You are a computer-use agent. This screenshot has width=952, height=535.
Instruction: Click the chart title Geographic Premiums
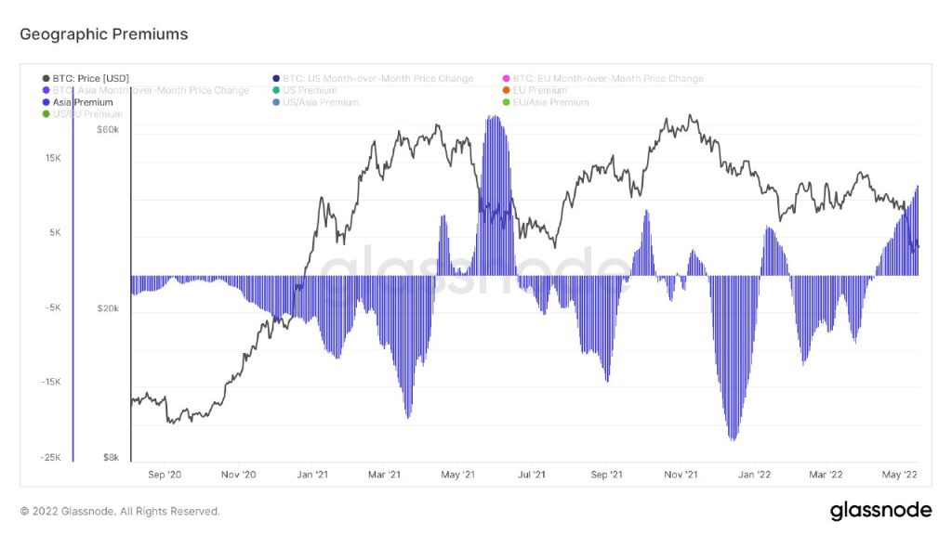(104, 34)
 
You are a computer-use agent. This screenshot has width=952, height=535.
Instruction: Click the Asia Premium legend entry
(83, 102)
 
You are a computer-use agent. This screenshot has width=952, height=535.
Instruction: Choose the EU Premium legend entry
(539, 91)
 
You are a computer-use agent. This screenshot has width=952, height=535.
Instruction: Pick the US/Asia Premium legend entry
(320, 102)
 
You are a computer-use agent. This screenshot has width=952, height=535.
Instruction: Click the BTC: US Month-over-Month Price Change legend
(377, 79)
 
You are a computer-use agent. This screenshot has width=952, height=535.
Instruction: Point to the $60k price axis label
(107, 129)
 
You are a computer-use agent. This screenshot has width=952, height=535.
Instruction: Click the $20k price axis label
(107, 308)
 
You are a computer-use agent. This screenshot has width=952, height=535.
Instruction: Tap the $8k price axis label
(110, 457)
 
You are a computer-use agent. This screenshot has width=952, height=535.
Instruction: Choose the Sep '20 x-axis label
(163, 475)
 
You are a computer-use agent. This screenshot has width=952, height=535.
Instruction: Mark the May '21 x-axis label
(457, 475)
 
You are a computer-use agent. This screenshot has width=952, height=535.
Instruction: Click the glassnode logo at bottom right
(879, 510)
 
